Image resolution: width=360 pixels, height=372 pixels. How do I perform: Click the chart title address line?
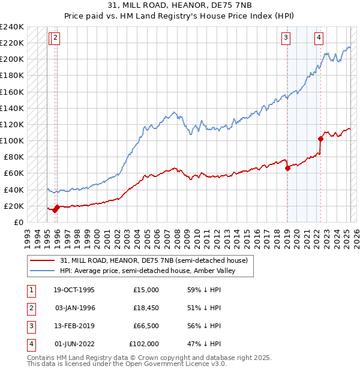tap(179, 5)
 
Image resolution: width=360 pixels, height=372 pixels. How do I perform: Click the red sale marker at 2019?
tap(287, 168)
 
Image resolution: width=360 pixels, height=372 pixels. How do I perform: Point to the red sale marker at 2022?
tap(320, 139)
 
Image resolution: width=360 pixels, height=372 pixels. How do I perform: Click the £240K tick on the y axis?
tap(12, 27)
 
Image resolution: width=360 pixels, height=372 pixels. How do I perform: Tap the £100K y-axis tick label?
tap(12, 140)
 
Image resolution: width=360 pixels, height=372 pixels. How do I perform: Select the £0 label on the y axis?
tap(19, 222)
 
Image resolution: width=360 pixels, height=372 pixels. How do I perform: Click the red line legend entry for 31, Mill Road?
tap(154, 260)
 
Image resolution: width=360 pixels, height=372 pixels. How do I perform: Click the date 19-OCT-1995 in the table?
tap(74, 289)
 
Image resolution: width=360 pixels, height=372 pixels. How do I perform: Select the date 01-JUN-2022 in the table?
tap(74, 344)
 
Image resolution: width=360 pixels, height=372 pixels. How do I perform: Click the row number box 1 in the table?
tap(30, 289)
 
